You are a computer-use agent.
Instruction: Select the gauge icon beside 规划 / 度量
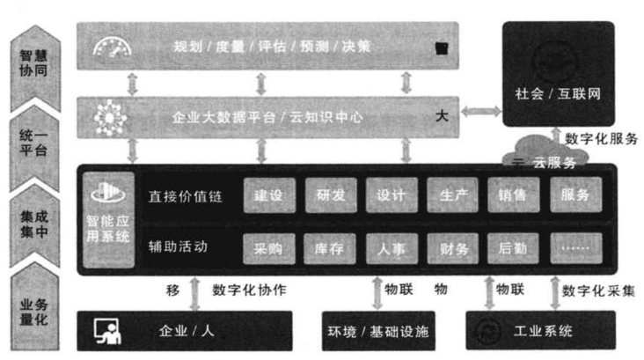(x=110, y=45)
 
